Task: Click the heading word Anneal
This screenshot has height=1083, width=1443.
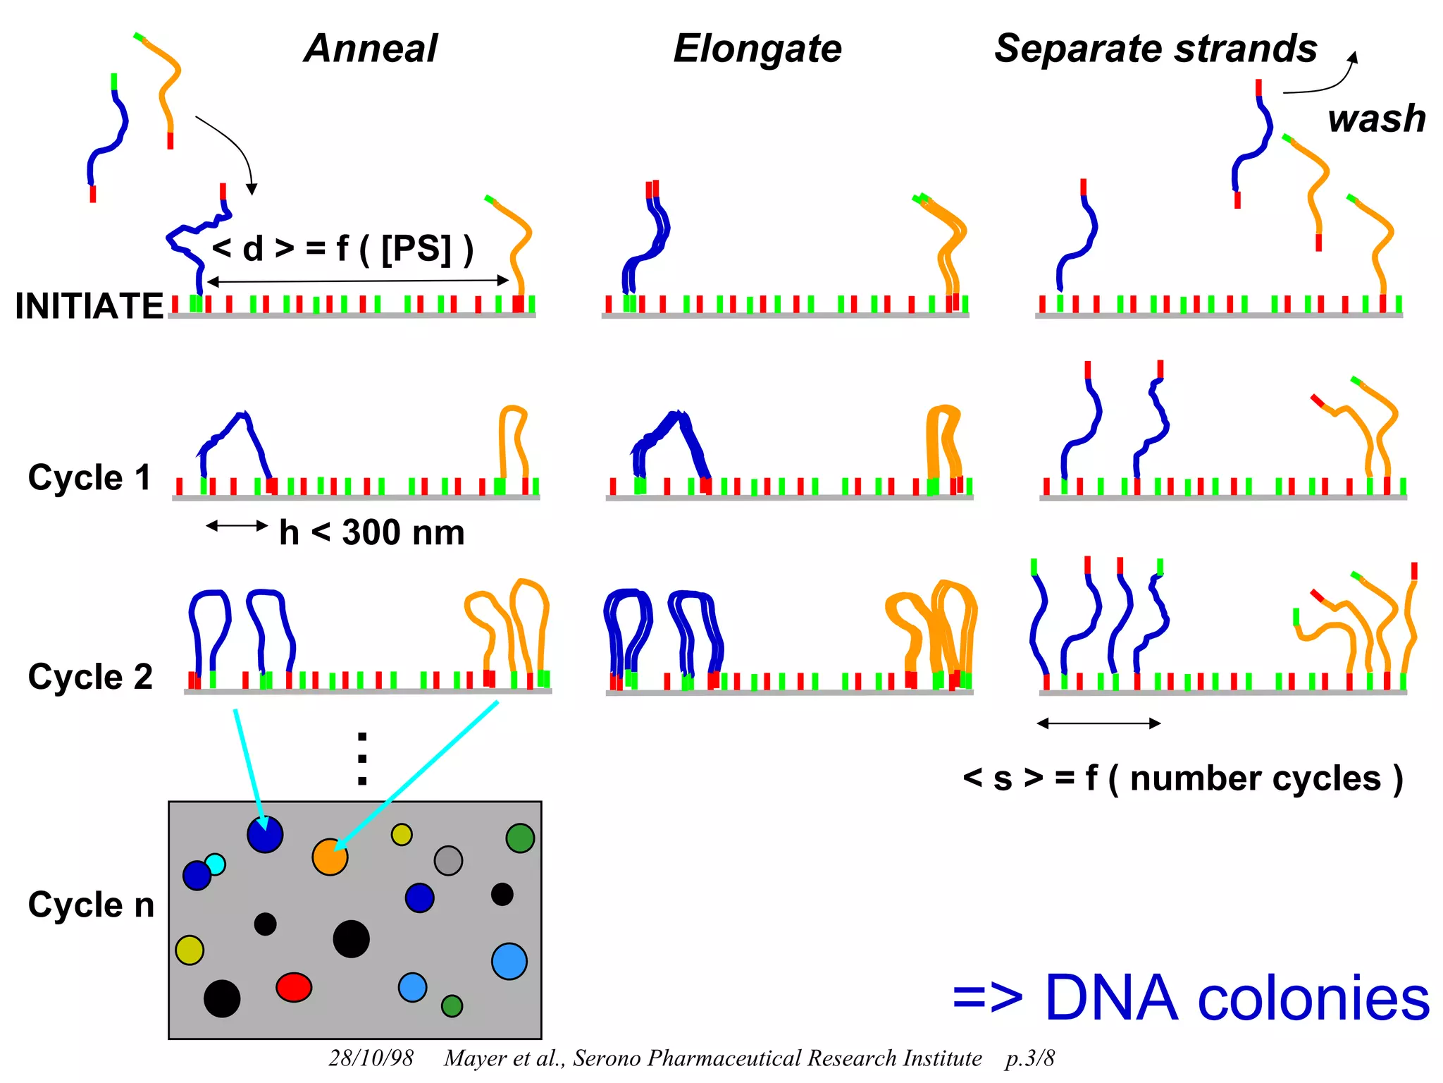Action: [x=371, y=49]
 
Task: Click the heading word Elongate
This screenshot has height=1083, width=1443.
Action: [x=757, y=49]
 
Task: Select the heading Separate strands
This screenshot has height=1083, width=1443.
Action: [x=1156, y=49]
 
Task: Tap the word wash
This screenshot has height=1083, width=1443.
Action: [x=1376, y=118]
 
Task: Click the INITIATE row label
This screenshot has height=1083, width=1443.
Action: [x=89, y=306]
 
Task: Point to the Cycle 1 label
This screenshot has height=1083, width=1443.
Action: [x=89, y=477]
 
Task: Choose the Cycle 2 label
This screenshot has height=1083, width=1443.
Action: [x=89, y=677]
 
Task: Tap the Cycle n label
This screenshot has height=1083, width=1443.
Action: [x=91, y=905]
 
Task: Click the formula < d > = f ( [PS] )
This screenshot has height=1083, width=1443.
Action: [x=342, y=249]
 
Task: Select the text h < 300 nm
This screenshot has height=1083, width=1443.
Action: [x=371, y=532]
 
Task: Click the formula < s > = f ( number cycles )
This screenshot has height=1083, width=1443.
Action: [x=1183, y=778]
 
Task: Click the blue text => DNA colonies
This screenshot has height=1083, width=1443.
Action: [x=1190, y=998]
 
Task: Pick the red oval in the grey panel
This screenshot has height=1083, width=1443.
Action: [x=294, y=987]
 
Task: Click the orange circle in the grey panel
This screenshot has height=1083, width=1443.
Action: [x=330, y=857]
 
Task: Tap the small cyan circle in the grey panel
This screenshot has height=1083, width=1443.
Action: [x=215, y=864]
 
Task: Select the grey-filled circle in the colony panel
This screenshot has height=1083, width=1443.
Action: [x=448, y=860]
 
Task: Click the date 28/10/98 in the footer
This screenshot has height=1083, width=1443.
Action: [x=371, y=1058]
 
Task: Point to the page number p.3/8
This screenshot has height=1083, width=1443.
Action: [x=1029, y=1058]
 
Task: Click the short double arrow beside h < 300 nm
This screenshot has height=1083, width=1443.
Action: [x=237, y=525]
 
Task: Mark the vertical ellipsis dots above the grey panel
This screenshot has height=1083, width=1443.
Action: [x=362, y=759]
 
